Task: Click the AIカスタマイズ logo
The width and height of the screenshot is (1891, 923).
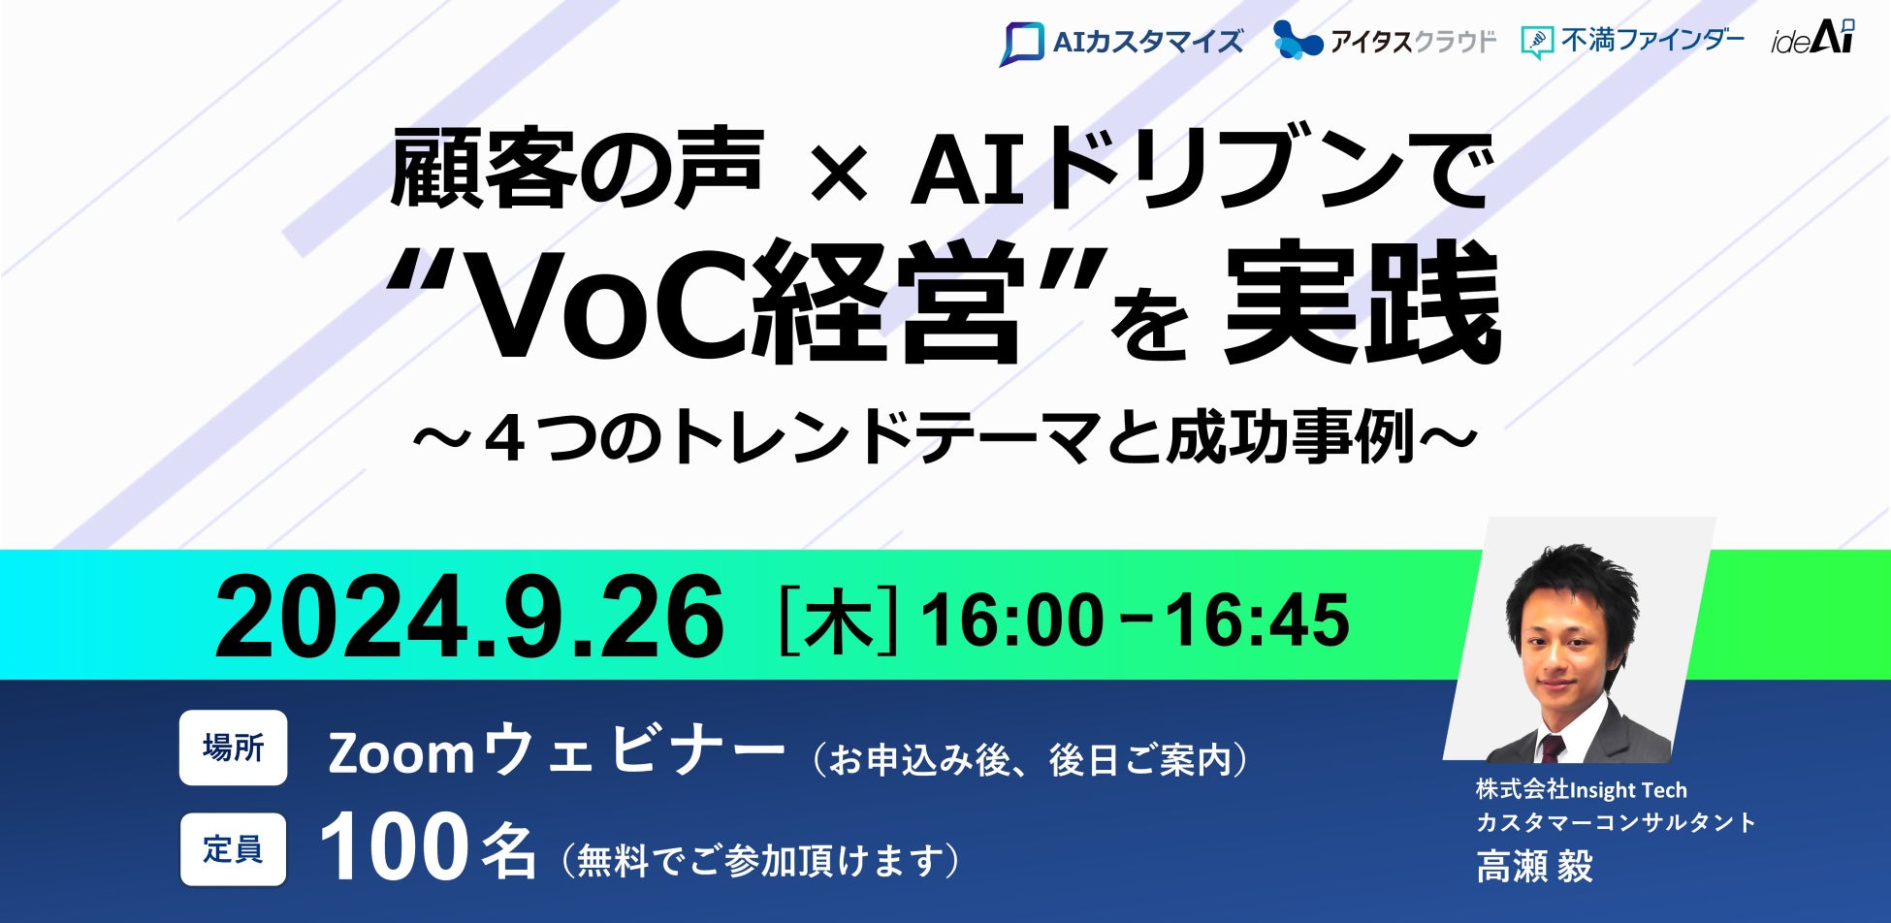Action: coord(1121,43)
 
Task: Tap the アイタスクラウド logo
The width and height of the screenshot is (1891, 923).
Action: coord(1385,41)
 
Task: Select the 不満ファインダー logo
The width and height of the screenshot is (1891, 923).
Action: coord(1632,41)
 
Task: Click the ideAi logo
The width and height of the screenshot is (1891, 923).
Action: coord(1812,38)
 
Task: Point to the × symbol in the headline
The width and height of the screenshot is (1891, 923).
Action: coord(841,176)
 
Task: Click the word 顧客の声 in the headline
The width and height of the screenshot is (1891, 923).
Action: coord(576,169)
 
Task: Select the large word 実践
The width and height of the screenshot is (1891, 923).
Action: coord(1362,302)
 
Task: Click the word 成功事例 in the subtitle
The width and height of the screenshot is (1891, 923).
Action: coord(1291,436)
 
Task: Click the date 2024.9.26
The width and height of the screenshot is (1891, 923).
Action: coord(469,617)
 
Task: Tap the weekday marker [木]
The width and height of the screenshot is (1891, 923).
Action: coord(840,619)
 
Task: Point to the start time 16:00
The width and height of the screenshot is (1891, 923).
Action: coord(1011,620)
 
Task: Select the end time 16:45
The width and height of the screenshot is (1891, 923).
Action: coord(1258,620)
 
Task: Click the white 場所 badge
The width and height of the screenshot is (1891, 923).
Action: coord(233,748)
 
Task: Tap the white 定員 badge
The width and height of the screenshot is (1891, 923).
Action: coord(233,849)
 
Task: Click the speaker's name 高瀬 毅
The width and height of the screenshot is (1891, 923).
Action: coord(1534,866)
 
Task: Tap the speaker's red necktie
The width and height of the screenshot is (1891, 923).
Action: coord(1552,748)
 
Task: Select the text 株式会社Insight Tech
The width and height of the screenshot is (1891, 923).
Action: coord(1582,790)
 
